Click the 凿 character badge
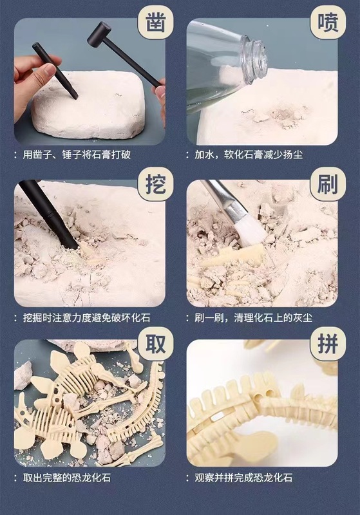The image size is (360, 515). pyautogui.click(x=156, y=23)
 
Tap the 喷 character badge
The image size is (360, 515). pyautogui.click(x=328, y=23)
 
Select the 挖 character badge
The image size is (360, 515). pyautogui.click(x=156, y=184)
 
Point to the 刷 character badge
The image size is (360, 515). pyautogui.click(x=328, y=184)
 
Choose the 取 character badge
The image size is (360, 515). pyautogui.click(x=156, y=344)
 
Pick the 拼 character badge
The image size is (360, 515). pyautogui.click(x=328, y=344)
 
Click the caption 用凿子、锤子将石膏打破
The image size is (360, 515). pyautogui.click(x=77, y=154)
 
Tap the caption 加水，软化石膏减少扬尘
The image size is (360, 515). pyautogui.click(x=249, y=154)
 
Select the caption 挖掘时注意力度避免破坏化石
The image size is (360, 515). pyautogui.click(x=87, y=317)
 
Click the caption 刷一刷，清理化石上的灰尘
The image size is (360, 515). pyautogui.click(x=254, y=317)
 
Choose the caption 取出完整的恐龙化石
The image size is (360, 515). pyautogui.click(x=67, y=478)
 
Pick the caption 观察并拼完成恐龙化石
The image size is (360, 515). pyautogui.click(x=243, y=478)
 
